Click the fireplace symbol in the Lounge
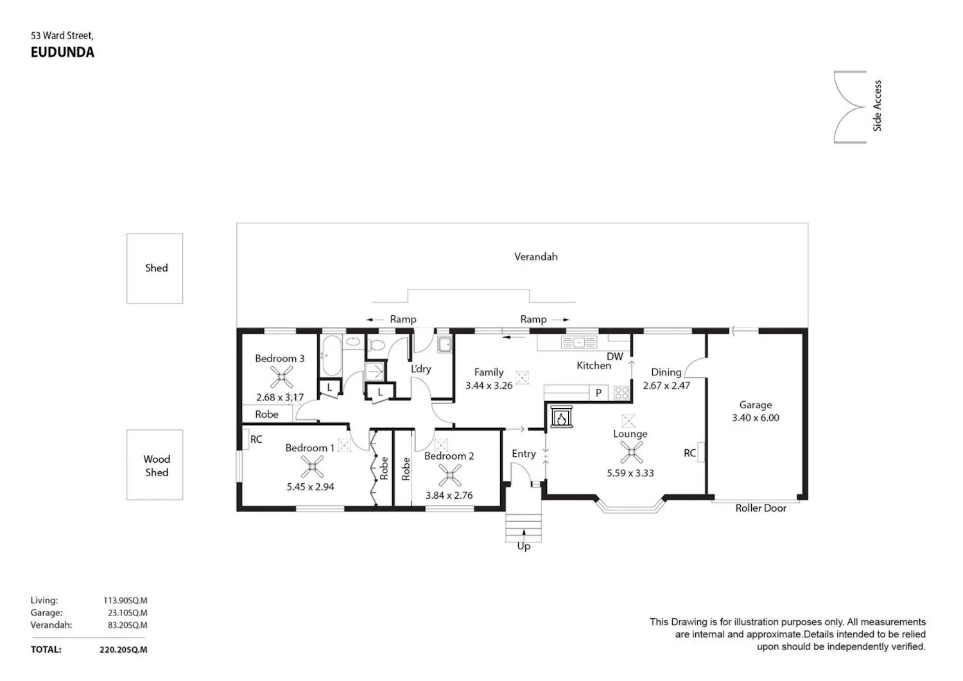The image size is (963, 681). pos(562,417)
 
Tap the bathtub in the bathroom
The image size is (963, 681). pos(331,356)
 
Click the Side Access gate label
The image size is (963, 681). pos(878,106)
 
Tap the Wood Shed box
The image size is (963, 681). pos(155,465)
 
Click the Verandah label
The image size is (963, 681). pos(536,257)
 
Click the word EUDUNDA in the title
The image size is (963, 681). pos(62,53)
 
